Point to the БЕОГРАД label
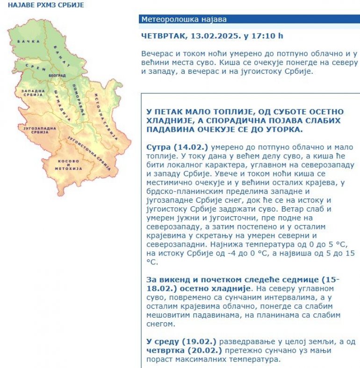[57, 75]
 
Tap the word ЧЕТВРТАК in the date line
[161, 35]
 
